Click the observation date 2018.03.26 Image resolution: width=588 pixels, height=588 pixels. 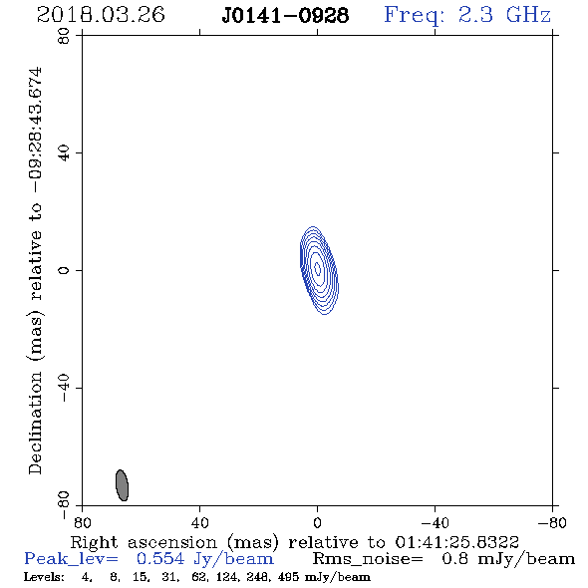[101, 15]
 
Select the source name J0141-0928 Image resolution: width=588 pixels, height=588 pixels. [285, 16]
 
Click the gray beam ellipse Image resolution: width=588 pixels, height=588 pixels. [123, 485]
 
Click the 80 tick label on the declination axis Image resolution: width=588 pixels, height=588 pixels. [64, 36]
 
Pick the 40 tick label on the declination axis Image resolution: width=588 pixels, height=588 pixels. [64, 153]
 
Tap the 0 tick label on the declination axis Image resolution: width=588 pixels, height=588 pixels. [64, 270]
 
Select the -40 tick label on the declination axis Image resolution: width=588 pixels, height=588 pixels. [64, 388]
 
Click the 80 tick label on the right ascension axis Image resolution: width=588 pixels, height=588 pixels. [82, 523]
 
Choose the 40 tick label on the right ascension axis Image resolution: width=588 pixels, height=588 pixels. [199, 523]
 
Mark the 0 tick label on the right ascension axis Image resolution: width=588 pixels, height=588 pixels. [317, 523]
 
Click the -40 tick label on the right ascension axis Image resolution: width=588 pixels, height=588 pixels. [435, 523]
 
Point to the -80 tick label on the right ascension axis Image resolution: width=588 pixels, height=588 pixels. [552, 523]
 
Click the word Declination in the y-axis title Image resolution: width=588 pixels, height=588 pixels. [35, 423]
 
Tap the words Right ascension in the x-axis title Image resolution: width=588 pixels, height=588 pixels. [144, 542]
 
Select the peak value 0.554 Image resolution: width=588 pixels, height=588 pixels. [160, 559]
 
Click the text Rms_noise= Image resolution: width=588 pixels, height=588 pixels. [368, 559]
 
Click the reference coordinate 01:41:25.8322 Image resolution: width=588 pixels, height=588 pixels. [456, 542]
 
